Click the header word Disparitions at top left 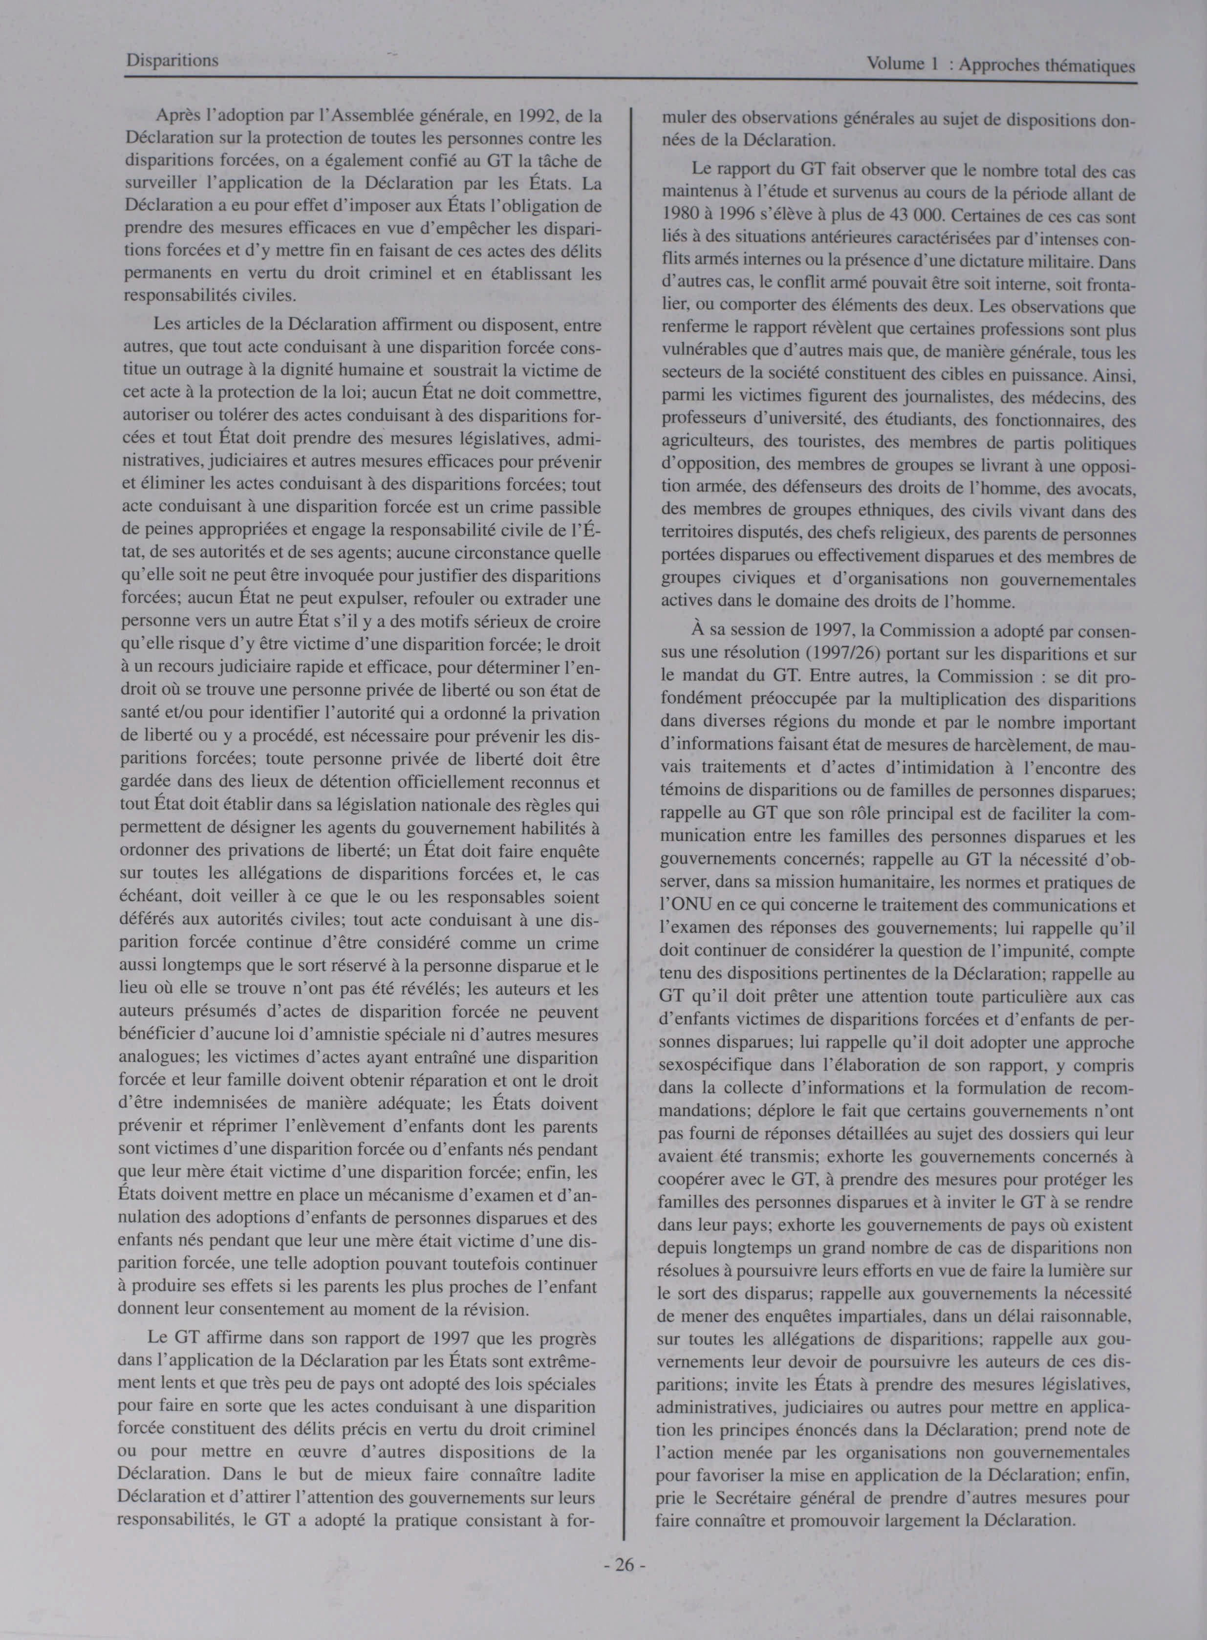point(172,61)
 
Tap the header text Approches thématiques point(1047,66)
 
